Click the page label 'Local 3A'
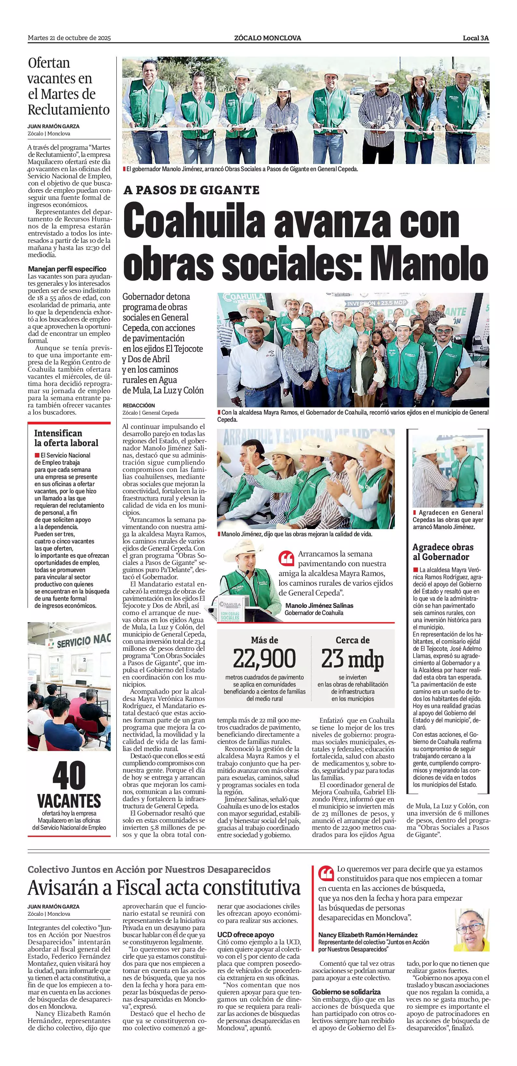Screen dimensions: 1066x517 point(476,38)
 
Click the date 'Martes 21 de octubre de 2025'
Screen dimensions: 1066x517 point(69,38)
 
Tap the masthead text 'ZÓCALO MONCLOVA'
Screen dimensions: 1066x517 point(267,38)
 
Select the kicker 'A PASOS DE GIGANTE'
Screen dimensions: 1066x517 point(191,190)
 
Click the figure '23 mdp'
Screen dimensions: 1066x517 point(352,659)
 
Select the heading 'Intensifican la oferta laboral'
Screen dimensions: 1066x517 point(66,438)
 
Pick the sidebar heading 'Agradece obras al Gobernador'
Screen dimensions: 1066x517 point(443,552)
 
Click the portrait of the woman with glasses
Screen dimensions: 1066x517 point(471,929)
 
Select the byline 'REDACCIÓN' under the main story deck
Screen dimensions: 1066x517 point(139,405)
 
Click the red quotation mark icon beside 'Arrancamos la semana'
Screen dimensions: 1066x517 point(286,559)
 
